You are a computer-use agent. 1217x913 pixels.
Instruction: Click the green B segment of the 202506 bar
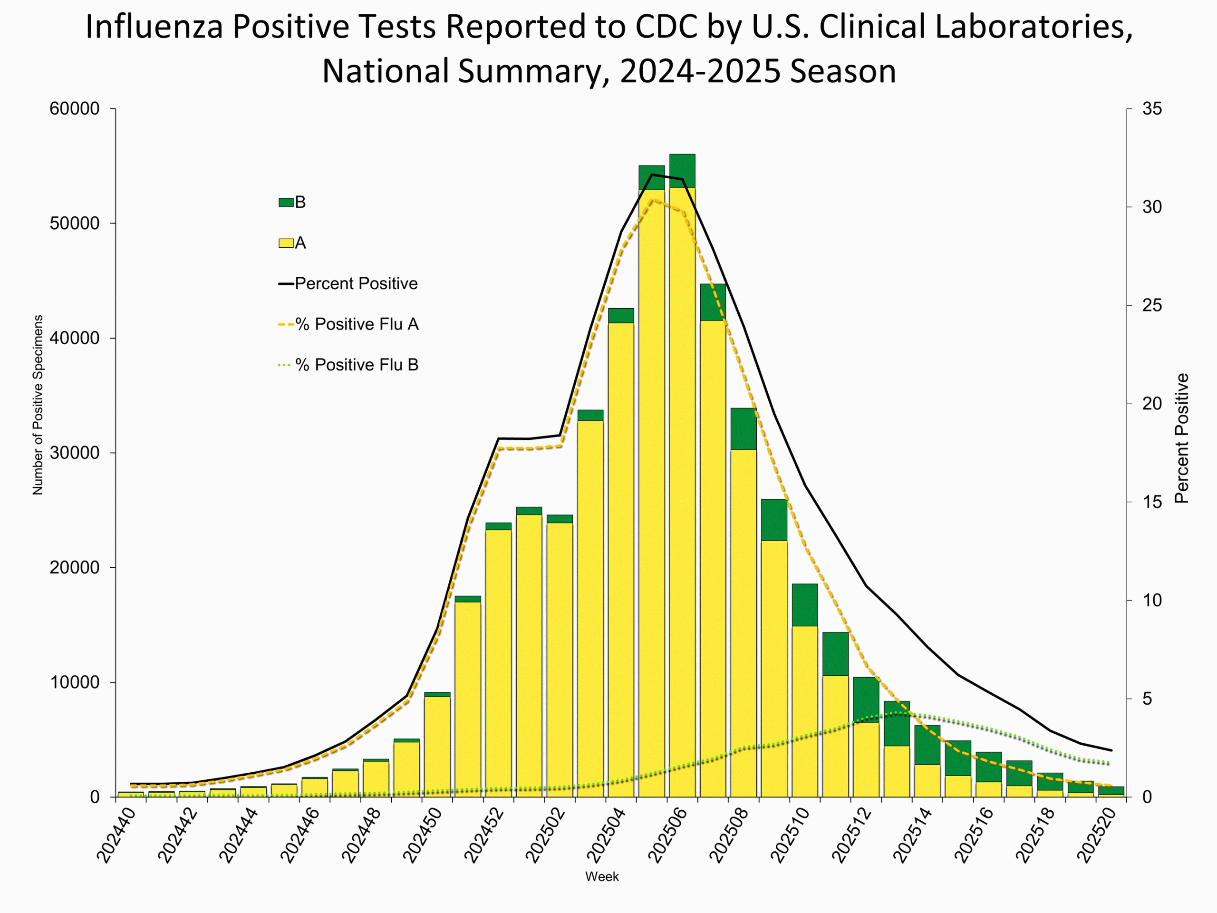pyautogui.click(x=682, y=171)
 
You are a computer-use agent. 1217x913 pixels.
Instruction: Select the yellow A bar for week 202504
pyautogui.click(x=620, y=550)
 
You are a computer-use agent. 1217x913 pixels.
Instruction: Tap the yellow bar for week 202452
pyautogui.click(x=498, y=660)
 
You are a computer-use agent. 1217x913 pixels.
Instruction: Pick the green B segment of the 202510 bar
pyautogui.click(x=804, y=604)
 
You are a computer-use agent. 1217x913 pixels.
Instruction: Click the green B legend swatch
pyautogui.click(x=286, y=203)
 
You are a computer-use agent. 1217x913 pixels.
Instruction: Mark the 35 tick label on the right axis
pyautogui.click(x=1152, y=109)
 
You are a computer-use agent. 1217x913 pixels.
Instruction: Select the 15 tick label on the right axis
pyautogui.click(x=1152, y=502)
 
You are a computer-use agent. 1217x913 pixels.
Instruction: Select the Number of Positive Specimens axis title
pyautogui.click(x=38, y=405)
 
